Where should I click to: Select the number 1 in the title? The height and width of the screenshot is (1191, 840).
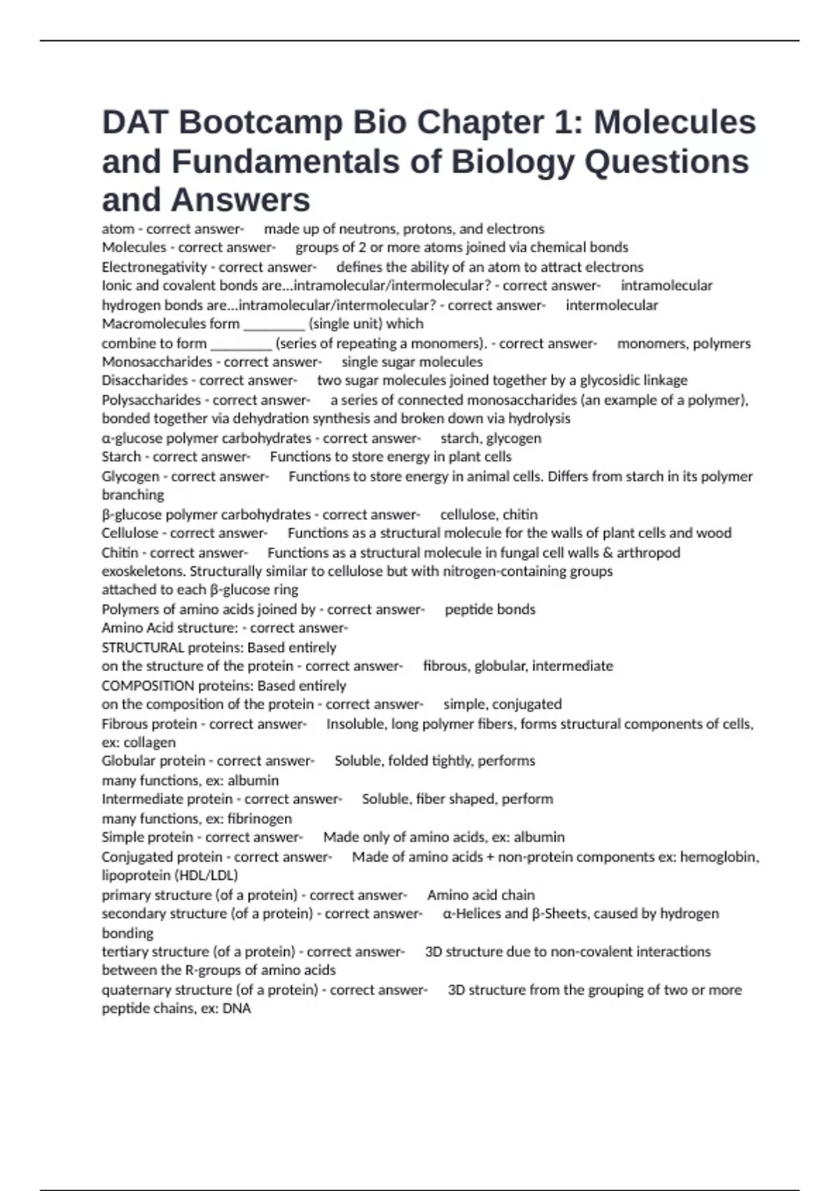pyautogui.click(x=562, y=123)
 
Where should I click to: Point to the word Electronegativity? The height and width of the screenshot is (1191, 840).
pyautogui.click(x=154, y=267)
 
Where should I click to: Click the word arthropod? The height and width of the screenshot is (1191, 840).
pyautogui.click(x=648, y=553)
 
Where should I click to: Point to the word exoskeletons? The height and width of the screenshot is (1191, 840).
pyautogui.click(x=144, y=572)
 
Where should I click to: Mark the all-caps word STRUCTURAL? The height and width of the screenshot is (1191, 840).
pyautogui.click(x=143, y=648)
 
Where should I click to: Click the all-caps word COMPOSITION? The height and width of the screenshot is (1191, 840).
pyautogui.click(x=148, y=686)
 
